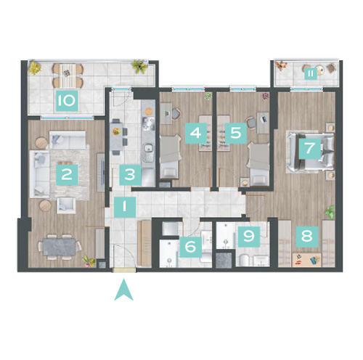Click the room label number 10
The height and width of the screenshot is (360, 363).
pos(67,101)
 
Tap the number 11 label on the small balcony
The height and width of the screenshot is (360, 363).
pos(311,74)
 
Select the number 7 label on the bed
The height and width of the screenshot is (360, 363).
pos(310,148)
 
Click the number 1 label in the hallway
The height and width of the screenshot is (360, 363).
pos(125,207)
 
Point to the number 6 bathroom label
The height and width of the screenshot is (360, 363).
pos(191,247)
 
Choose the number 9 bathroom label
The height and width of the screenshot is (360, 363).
pos(249,237)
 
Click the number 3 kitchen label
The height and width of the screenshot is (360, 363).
pos(130,175)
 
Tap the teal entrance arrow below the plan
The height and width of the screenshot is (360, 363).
pos(123,290)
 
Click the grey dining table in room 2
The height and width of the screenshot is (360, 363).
pos(60,247)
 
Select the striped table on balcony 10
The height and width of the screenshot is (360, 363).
pos(68,75)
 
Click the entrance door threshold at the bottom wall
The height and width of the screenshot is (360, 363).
pos(124,270)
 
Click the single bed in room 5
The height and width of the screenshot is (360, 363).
pos(259,164)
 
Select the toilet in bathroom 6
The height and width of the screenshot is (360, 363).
pos(206,257)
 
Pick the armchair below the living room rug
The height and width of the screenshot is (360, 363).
pos(66,205)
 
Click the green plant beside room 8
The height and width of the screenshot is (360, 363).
pos(330,212)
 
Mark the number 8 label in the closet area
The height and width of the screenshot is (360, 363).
pos(307,237)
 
